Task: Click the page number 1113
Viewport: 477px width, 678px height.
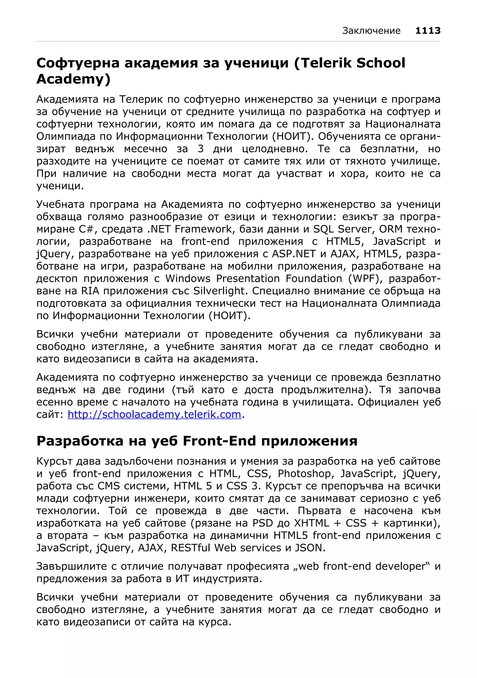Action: (x=428, y=30)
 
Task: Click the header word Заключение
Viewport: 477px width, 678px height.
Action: (x=371, y=31)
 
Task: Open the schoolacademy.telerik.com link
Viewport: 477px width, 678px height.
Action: (x=154, y=414)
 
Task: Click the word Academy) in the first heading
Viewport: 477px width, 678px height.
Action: (x=73, y=79)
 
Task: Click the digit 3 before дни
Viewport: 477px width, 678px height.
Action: (x=201, y=149)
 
